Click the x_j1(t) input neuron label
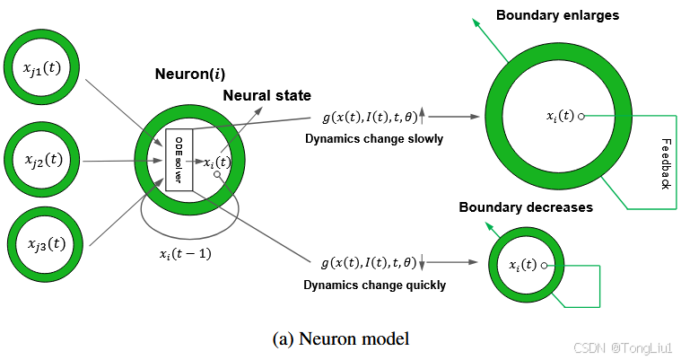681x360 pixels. pyautogui.click(x=42, y=69)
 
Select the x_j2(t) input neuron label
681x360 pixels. pyautogui.click(x=44, y=160)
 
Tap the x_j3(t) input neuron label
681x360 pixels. pyautogui.click(x=47, y=244)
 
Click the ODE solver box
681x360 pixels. pyautogui.click(x=179, y=160)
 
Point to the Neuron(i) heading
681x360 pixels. pyautogui.click(x=190, y=74)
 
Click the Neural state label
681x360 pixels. pyautogui.click(x=267, y=96)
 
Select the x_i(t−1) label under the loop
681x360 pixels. pyautogui.click(x=186, y=254)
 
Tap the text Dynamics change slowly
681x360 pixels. pyautogui.click(x=374, y=139)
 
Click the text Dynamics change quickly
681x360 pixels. pyautogui.click(x=374, y=285)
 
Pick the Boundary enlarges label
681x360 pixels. pyautogui.click(x=558, y=15)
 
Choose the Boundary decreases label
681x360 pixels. pyautogui.click(x=526, y=207)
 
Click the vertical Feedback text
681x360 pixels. pyautogui.click(x=666, y=164)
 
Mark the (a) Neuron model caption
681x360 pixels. pyautogui.click(x=341, y=338)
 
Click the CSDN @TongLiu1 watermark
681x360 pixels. pyautogui.click(x=624, y=347)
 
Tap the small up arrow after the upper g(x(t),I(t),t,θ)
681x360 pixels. pyautogui.click(x=422, y=116)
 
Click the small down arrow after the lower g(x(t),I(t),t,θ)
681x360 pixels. pyautogui.click(x=422, y=262)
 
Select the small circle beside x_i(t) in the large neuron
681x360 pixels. pyautogui.click(x=581, y=117)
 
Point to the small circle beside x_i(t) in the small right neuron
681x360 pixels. pyautogui.click(x=545, y=266)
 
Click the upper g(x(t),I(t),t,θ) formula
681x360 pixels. pyautogui.click(x=370, y=117)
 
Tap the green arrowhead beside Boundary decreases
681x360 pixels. pyautogui.click(x=489, y=226)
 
